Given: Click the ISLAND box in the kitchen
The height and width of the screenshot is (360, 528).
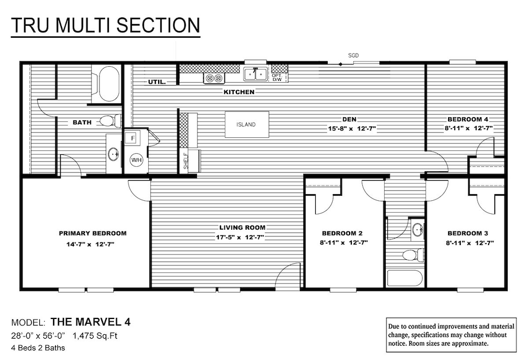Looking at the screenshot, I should click(246, 124).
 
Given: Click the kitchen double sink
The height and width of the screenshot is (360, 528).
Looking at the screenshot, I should click(254, 73).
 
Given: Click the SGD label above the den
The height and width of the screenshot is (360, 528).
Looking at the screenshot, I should click(353, 56).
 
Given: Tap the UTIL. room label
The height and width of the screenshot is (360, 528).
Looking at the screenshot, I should click(157, 82).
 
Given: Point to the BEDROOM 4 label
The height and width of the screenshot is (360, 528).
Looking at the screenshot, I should click(467, 119).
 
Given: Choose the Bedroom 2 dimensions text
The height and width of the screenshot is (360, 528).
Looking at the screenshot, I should click(344, 242).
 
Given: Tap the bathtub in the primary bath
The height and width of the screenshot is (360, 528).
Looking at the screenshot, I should click(108, 84).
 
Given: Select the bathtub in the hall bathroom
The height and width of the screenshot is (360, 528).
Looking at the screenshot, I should click(405, 277).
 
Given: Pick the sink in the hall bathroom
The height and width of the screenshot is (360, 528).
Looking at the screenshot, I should click(417, 229).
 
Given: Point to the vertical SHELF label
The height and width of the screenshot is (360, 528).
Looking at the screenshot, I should click(185, 161).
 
